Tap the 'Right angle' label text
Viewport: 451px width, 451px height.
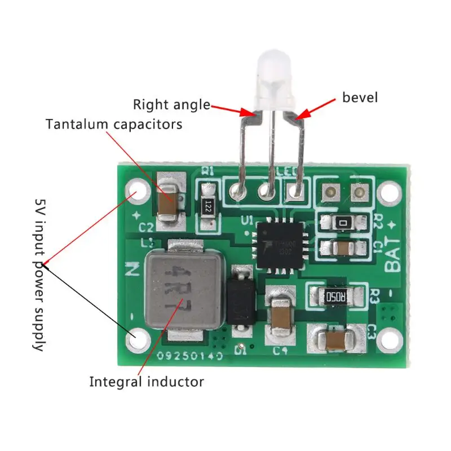coord(171,105)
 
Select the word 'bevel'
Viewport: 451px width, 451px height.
coord(360,98)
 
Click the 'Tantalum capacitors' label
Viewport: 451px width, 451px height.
coord(114,124)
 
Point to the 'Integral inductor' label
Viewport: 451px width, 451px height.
coord(147,382)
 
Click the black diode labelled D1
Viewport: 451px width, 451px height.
coord(240,303)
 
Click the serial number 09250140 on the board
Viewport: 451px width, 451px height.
coord(191,357)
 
